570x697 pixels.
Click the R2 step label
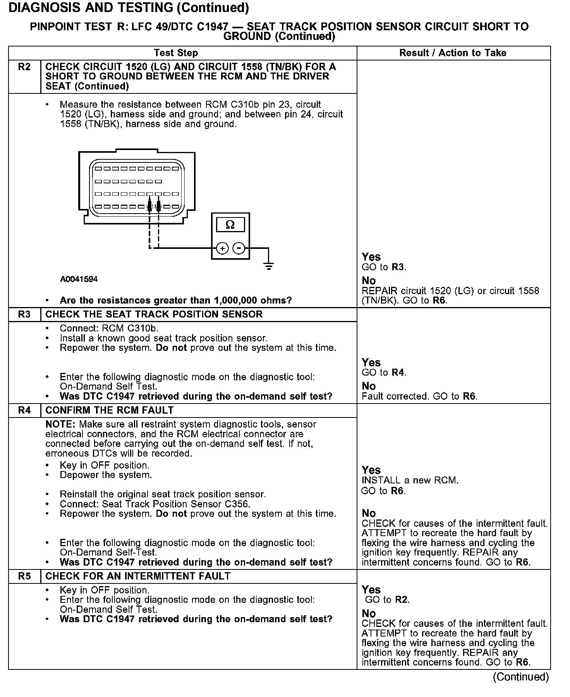coord(24,67)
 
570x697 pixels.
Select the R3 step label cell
coord(24,314)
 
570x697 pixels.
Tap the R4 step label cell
coord(24,410)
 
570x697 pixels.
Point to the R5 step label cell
coord(24,576)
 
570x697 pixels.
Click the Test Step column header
coord(176,53)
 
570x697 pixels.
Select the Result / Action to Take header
coord(453,53)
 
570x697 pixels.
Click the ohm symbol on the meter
coord(230,225)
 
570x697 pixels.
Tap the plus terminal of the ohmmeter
coord(222,248)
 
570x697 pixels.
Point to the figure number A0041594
coord(79,279)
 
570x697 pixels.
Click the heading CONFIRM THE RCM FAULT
coord(110,410)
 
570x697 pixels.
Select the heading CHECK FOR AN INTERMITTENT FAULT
coord(138,576)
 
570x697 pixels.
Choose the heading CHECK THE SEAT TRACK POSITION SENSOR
coord(154,314)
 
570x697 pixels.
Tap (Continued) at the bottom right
coord(521,677)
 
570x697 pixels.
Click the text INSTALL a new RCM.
coord(410,480)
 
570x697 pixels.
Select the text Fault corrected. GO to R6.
coord(419,396)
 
